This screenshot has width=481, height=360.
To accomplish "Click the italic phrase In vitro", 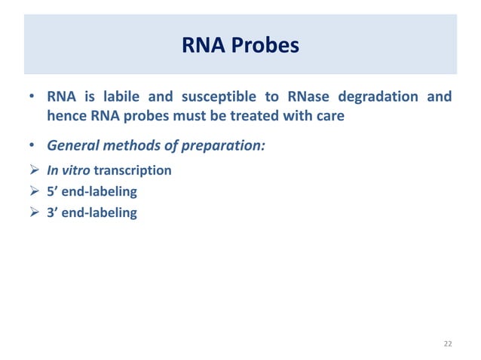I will [x=69, y=170].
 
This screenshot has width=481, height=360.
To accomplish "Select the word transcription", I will [x=133, y=170].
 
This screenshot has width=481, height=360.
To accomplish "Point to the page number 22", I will [x=448, y=343].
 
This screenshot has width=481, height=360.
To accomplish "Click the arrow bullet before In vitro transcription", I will [x=33, y=170].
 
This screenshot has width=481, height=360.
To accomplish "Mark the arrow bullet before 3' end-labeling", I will [x=33, y=212].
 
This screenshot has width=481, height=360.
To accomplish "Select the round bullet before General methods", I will [x=32, y=145].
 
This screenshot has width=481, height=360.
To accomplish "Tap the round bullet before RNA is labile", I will [x=32, y=98].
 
